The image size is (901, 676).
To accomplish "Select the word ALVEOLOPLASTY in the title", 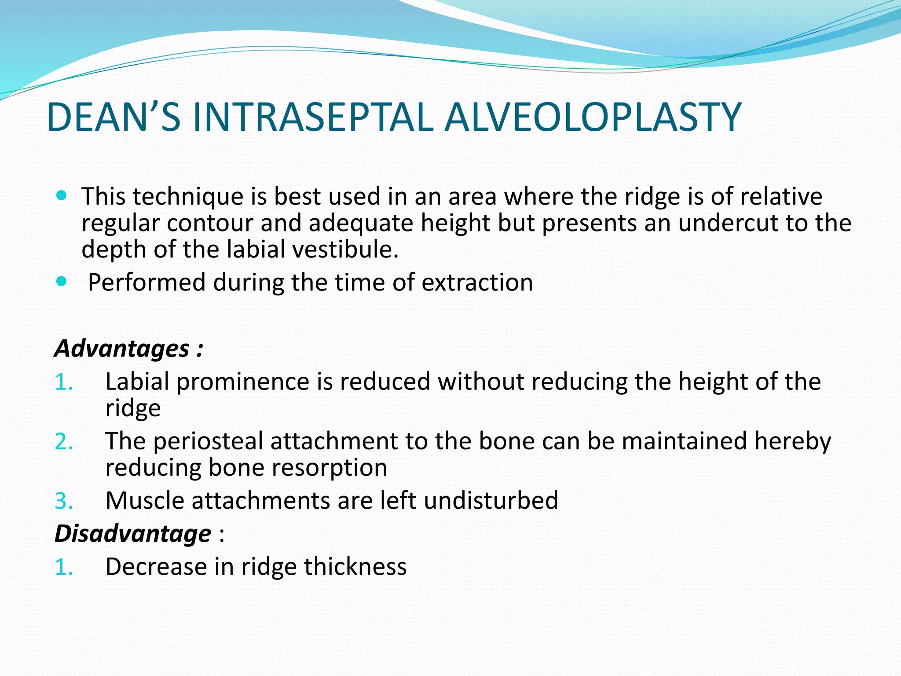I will click(x=593, y=117).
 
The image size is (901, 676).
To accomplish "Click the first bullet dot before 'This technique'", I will click(x=62, y=195).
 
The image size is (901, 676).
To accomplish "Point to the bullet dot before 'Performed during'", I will click(x=62, y=281).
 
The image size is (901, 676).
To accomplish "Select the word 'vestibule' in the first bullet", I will click(x=345, y=249).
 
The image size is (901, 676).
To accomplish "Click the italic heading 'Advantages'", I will click(x=122, y=349).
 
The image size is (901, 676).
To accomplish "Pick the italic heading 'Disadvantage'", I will click(x=132, y=533).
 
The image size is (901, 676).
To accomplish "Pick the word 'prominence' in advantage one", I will click(x=243, y=382).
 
